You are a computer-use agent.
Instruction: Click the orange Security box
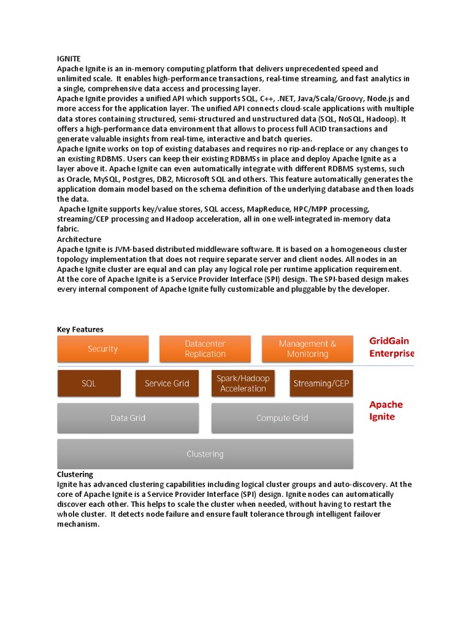[x=102, y=349]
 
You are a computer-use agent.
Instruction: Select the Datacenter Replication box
[x=205, y=349]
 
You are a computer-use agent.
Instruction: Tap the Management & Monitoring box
[x=307, y=349]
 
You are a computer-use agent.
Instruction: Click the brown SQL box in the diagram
[x=89, y=383]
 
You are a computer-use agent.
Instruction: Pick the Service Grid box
[x=167, y=383]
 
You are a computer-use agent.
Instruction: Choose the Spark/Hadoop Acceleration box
[x=243, y=383]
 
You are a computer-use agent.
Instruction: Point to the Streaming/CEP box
[x=321, y=383]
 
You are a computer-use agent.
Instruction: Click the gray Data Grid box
[x=128, y=418]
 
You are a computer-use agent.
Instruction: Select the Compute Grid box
[x=282, y=418]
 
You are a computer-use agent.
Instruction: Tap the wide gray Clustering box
[x=205, y=454]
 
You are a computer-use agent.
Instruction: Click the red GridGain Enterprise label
[x=391, y=347]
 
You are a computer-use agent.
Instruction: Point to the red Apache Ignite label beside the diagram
[x=386, y=410]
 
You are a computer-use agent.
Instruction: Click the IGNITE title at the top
[x=69, y=58]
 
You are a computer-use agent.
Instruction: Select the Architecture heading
[x=79, y=239]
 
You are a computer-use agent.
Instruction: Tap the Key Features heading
[x=80, y=329]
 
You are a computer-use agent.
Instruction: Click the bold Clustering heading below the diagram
[x=75, y=474]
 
